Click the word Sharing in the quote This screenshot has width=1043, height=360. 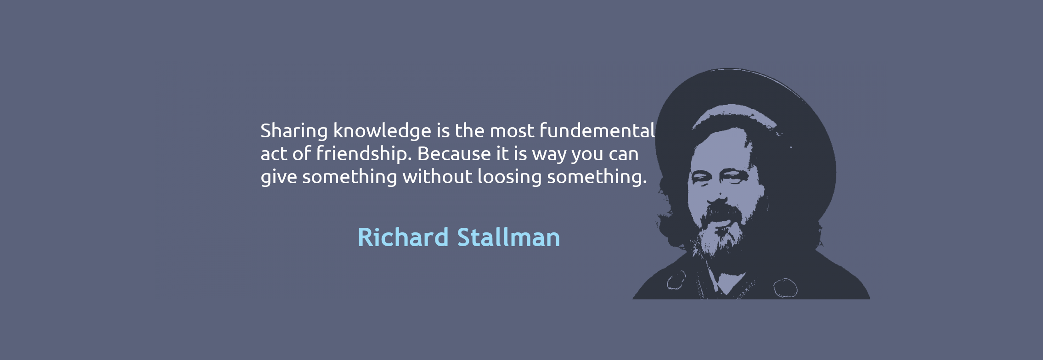(294, 131)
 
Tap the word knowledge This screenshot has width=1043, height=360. (382, 131)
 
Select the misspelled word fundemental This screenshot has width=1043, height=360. (597, 130)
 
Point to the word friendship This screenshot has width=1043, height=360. (362, 154)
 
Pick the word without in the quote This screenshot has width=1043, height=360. (437, 176)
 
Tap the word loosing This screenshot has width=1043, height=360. (510, 177)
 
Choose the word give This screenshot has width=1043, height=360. (279, 177)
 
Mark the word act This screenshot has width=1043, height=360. (274, 154)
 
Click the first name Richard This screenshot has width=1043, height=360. (403, 237)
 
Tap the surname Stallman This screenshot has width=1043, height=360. (508, 237)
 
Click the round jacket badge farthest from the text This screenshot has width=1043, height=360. (785, 288)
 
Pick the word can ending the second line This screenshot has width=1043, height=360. (624, 155)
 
